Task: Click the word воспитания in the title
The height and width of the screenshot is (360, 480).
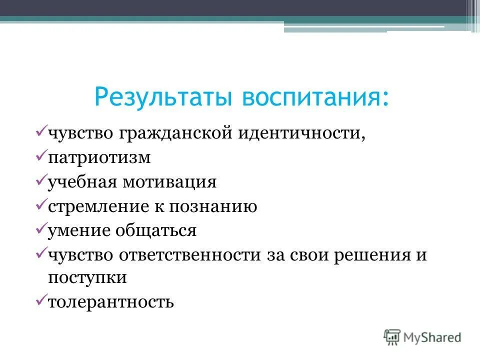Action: point(316,97)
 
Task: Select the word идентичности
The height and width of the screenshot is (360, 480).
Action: point(300,134)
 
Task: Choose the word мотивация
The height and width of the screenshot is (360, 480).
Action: point(166,182)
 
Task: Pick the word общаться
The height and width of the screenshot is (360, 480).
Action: point(156,230)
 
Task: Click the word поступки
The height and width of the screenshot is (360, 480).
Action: point(87,278)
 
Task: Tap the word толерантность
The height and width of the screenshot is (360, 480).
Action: point(110,302)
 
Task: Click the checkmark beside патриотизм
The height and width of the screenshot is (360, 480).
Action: point(41,156)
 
